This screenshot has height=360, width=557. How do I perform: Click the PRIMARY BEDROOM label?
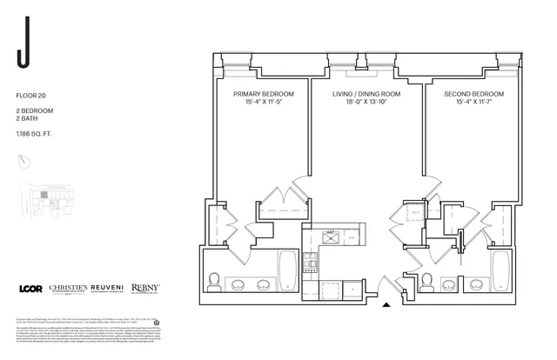coord(264,93)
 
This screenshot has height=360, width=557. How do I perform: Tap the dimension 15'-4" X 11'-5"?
coord(264,102)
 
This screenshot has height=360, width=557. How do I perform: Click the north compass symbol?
coord(24,162)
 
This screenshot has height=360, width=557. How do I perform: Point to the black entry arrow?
coord(387,304)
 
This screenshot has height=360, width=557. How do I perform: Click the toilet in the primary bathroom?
coord(214,280)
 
